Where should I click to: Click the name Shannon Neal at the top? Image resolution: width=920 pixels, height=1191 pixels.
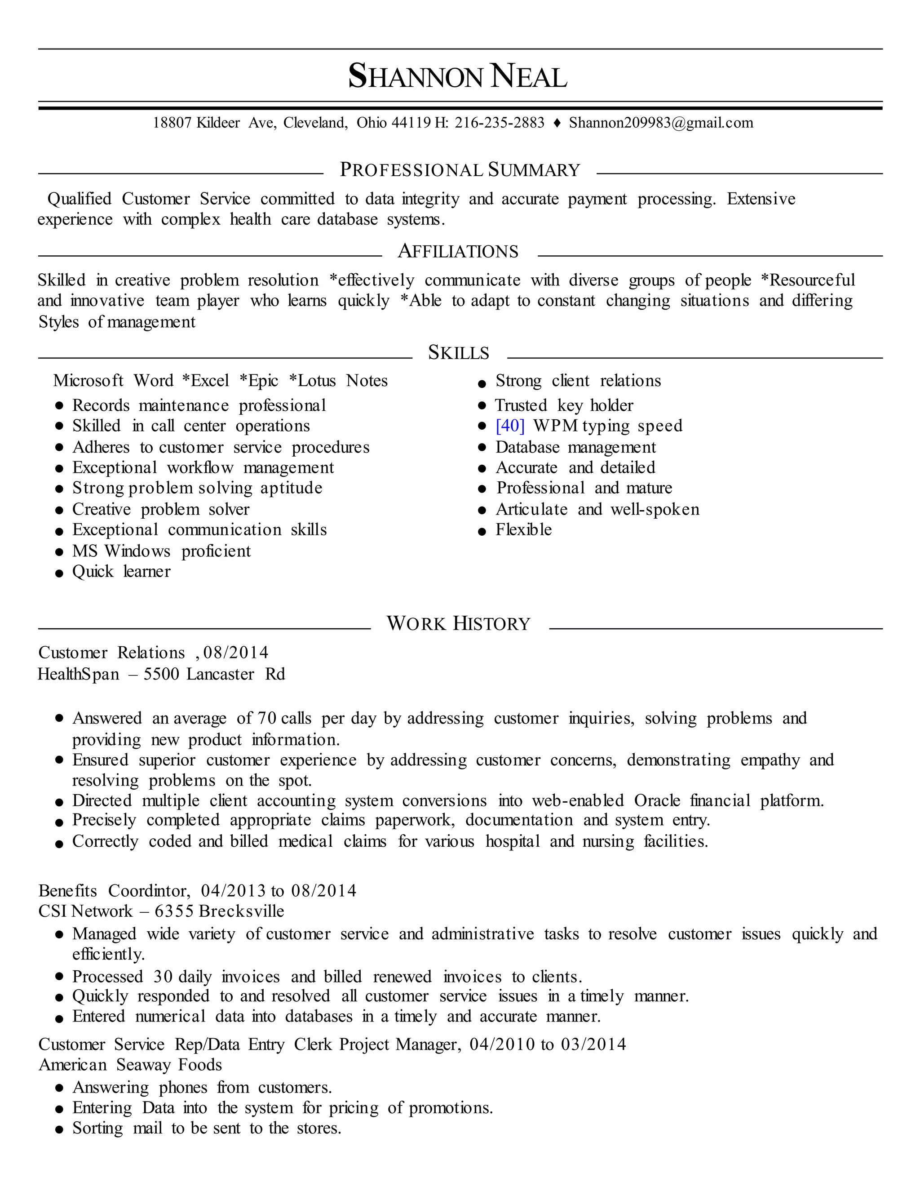[458, 76]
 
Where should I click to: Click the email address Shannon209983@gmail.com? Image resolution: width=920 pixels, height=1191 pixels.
[660, 123]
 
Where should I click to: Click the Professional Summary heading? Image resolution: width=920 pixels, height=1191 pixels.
[460, 170]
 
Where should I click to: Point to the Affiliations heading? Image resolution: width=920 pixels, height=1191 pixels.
[458, 251]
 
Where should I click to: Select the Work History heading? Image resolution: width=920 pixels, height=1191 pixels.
[458, 624]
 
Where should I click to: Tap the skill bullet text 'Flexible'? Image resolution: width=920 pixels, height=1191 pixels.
[523, 530]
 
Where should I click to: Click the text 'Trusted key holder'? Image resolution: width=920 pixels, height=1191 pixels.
[564, 406]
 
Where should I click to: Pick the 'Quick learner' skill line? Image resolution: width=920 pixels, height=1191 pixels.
[121, 572]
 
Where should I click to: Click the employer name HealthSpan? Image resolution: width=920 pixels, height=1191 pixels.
[78, 675]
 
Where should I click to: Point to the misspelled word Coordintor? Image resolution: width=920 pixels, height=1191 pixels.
[149, 891]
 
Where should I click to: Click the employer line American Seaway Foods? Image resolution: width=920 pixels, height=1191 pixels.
[130, 1065]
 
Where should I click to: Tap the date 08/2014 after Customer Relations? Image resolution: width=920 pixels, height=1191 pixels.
[235, 653]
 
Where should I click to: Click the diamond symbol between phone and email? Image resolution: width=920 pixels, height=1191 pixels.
[557, 123]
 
